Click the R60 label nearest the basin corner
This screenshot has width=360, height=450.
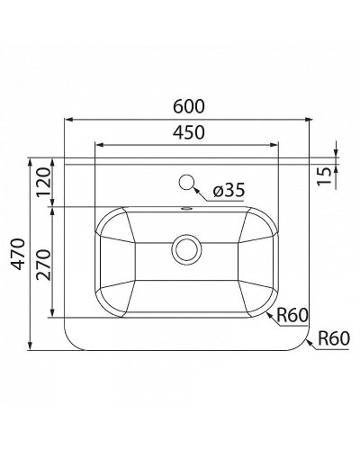click(293, 316)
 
